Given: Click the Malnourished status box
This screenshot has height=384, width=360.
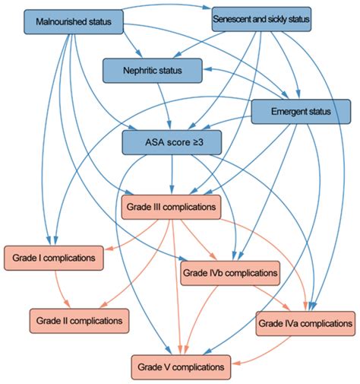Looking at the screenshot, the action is pos(74,22).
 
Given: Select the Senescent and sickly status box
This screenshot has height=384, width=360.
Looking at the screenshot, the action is pos(261,19).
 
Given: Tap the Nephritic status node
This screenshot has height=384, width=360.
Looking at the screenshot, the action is pos(153,71).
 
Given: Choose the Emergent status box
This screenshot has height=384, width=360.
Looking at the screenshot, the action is pos(301,112).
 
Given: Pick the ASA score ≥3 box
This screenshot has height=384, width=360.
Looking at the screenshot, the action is pos(172,142).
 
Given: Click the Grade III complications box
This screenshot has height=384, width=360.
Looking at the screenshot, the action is pos(171,207).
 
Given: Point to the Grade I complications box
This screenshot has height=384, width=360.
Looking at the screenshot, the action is pos(54,258).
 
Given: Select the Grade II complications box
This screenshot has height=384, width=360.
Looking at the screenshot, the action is pos(79,321).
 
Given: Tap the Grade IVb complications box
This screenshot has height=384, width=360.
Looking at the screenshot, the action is pos(230,273).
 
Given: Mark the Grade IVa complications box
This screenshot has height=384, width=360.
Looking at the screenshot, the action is pos(305,324).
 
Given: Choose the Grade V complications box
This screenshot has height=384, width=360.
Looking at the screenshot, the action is pos(181,367).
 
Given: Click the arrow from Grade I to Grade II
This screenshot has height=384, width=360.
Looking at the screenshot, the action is pos(60,290).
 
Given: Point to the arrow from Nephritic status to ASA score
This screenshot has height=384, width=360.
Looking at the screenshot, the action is pos(165,106).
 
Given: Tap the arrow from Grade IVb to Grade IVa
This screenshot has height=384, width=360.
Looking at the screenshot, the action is pos(273,298).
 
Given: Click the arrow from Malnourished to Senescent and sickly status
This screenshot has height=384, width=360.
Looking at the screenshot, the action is pos(167,5).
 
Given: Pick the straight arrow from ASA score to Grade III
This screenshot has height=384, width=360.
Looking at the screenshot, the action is pos(172,175).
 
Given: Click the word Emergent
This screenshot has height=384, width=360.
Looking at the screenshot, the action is pos(285,112).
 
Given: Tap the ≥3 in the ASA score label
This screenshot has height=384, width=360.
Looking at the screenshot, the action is pos(198,142).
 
